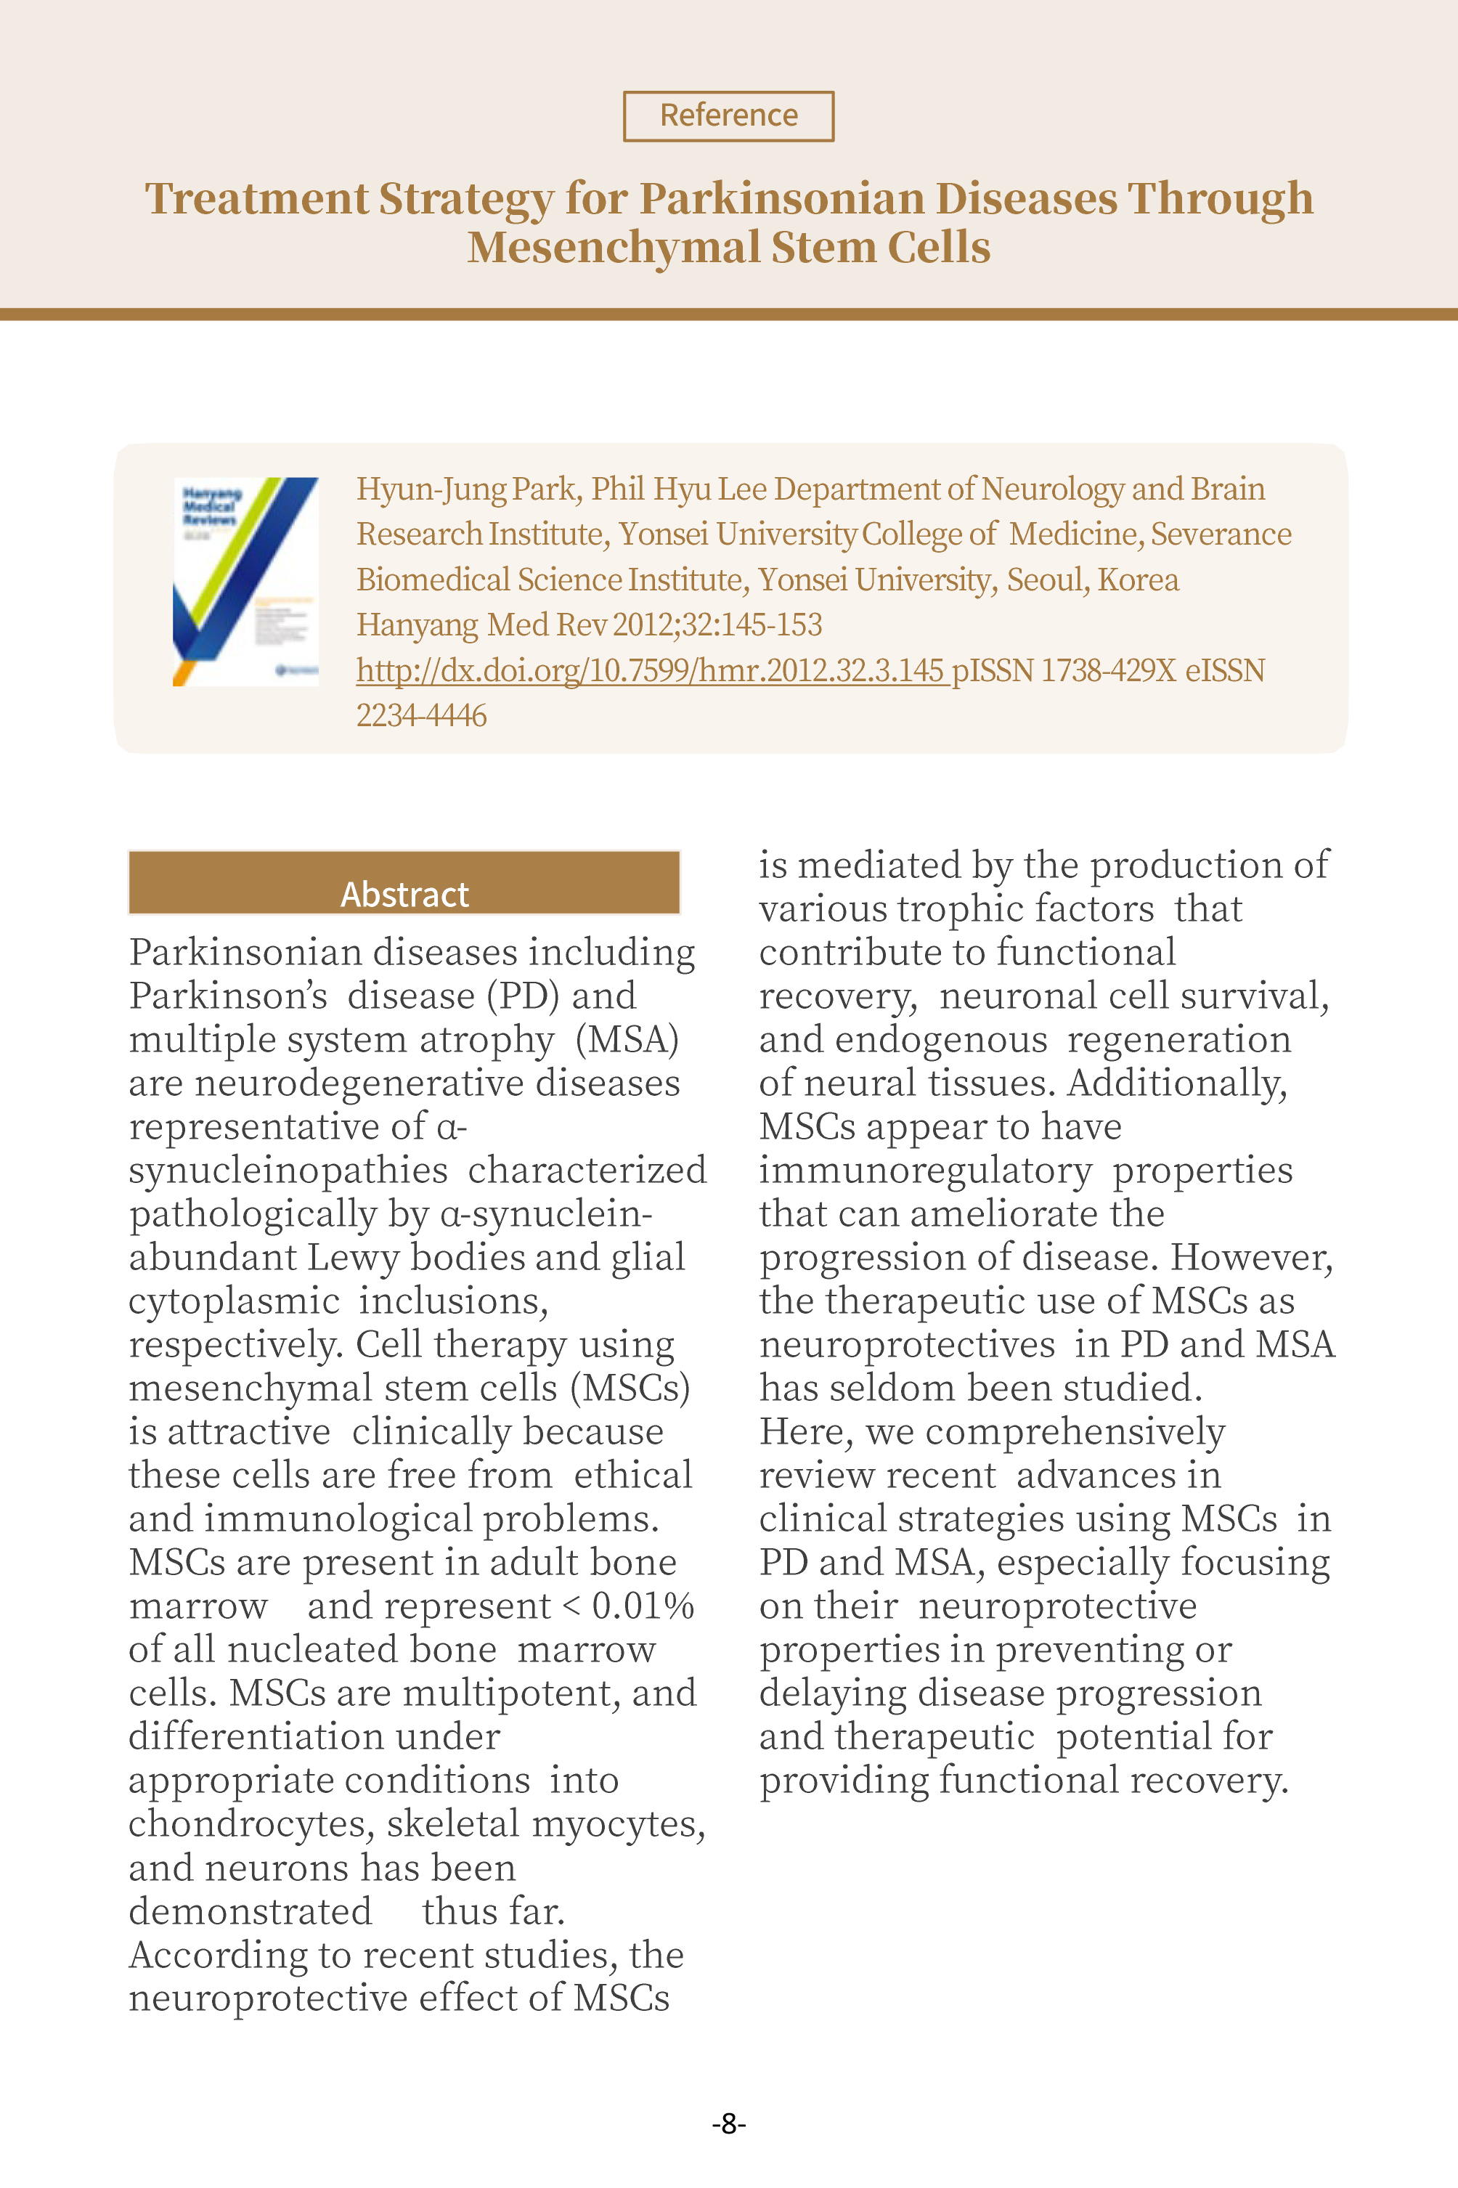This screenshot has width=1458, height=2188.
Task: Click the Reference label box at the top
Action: point(728,115)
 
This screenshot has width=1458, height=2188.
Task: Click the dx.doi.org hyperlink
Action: point(650,670)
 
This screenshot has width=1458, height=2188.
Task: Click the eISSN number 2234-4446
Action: point(421,716)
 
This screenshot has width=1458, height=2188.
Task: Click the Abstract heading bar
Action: point(404,883)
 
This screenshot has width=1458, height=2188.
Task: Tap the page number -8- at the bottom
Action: point(728,2123)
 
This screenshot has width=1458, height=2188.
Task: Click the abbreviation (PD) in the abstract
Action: point(523,996)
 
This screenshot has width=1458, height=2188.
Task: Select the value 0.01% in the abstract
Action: point(643,1606)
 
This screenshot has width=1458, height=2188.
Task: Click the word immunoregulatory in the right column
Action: point(925,1170)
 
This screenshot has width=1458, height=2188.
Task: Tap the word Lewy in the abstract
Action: point(354,1257)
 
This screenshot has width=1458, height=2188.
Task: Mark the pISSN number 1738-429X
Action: point(1107,670)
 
